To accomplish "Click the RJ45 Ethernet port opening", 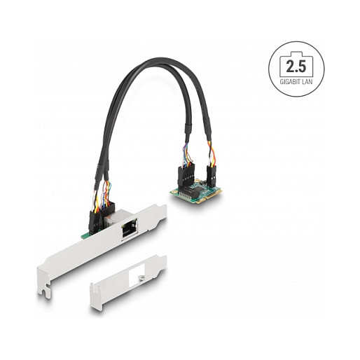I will pyautogui.click(x=130, y=229).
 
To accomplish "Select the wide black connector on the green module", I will pyautogui.click(x=186, y=176).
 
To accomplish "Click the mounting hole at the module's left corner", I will pyautogui.click(x=172, y=191).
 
